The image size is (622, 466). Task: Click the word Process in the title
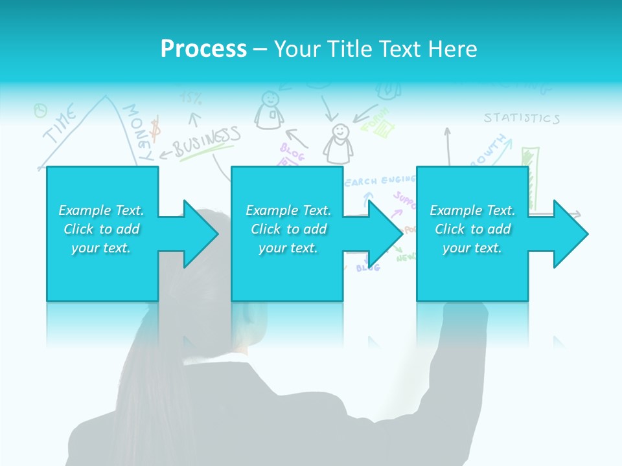(203, 49)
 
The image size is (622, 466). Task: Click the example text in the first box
(101, 229)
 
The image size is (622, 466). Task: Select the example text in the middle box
(288, 229)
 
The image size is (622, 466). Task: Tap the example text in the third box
(472, 229)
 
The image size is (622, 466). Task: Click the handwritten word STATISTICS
(521, 118)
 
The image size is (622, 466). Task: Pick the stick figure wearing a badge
(270, 110)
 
